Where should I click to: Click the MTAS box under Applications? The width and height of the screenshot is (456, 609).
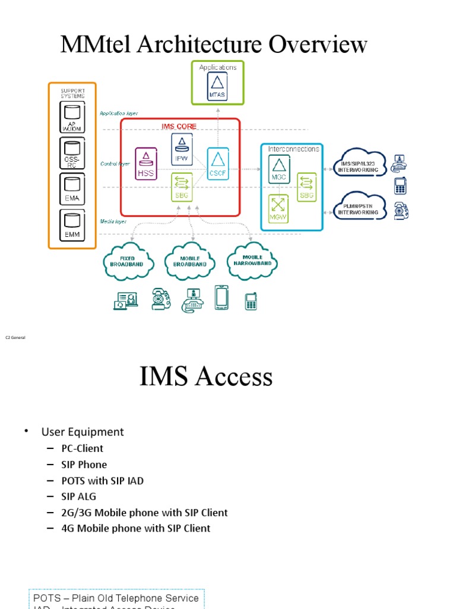point(217,87)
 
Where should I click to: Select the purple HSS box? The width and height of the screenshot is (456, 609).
point(146,164)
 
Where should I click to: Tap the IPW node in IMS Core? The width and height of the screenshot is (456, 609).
point(182,149)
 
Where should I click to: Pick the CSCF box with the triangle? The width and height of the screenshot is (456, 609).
point(217,164)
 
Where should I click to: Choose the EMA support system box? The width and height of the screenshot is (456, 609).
point(72,189)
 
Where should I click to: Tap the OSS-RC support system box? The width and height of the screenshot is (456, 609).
point(72,153)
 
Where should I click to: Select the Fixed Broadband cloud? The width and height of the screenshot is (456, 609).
point(128,260)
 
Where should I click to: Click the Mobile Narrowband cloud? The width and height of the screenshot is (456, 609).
point(252,260)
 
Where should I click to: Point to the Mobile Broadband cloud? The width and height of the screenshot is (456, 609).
point(191,260)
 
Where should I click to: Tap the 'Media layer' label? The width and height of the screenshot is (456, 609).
point(113,221)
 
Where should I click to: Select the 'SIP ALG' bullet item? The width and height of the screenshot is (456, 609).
point(78,496)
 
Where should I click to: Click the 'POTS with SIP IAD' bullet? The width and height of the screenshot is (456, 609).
point(102,480)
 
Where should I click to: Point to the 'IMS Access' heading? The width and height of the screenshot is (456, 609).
point(206,376)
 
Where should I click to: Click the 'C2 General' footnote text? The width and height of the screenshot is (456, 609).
point(15,337)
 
